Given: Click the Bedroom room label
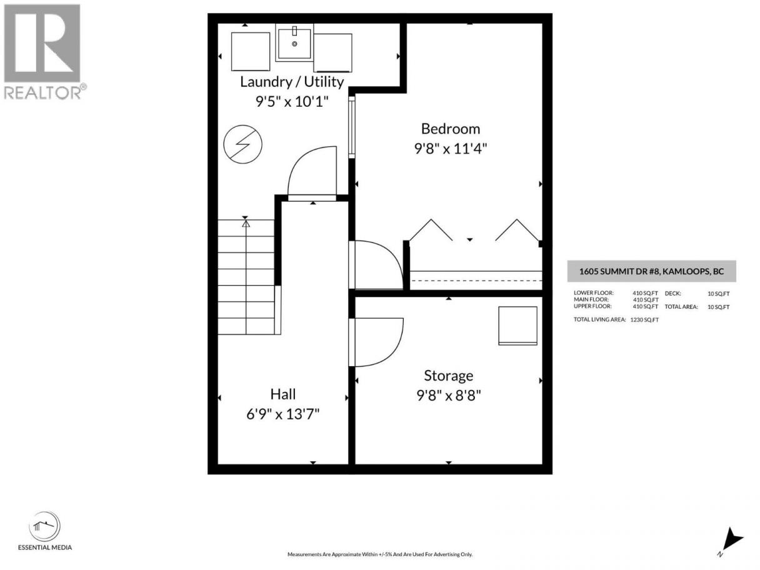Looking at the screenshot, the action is pos(451,129).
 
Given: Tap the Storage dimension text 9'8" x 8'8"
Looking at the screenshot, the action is pos(449,395).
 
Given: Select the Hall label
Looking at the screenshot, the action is pos(283,394).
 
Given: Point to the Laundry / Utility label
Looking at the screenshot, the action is pos(292,82).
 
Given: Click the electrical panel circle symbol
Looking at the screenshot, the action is pos(242,144).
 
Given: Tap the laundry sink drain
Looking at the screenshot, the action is pos(294,44).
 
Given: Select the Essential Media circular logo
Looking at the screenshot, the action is pos(44,526).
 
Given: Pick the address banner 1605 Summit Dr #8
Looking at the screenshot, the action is pos(652,271).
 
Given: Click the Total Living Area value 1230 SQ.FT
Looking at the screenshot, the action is pos(644,320).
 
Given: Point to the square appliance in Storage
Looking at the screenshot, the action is pos(517,326).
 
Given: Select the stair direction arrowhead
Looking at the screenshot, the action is pos(246,224).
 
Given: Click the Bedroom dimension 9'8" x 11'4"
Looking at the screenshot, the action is pos(451,149).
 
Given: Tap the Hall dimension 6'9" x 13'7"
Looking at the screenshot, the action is pos(282,414).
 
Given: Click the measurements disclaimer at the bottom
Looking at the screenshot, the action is pos(380,554).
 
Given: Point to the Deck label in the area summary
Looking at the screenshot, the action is pos(672,294).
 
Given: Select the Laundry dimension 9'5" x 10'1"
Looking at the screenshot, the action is pos(292,102).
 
